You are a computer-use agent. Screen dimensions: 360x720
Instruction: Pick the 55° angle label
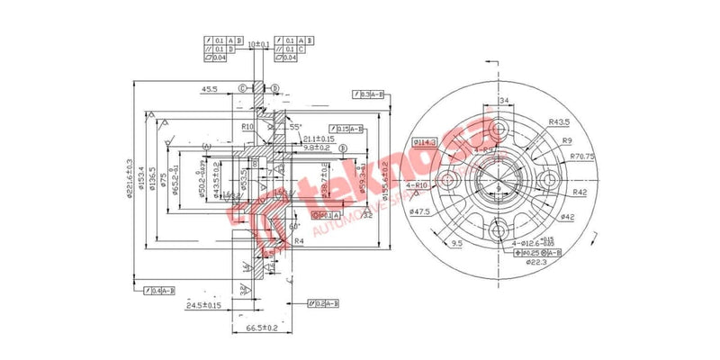tap(295, 127)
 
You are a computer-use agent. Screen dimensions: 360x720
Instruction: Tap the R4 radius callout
tap(298, 241)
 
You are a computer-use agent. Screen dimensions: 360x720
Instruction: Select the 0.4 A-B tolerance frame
tap(159, 290)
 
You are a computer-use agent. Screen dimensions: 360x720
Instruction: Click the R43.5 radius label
tap(560, 121)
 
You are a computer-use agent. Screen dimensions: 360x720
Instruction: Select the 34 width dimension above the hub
tap(504, 100)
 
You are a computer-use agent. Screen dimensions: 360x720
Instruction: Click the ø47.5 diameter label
tap(419, 211)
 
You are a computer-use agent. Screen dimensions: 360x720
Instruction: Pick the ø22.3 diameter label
tap(538, 263)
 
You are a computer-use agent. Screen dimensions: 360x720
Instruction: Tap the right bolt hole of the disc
tap(550, 182)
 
